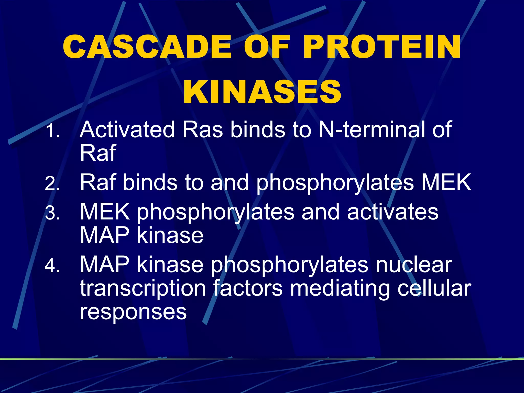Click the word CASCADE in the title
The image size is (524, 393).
point(147,47)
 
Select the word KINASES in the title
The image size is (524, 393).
point(262,92)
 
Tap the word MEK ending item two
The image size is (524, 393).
point(446,182)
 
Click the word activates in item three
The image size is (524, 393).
point(393,212)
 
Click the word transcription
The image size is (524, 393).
point(143,289)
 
